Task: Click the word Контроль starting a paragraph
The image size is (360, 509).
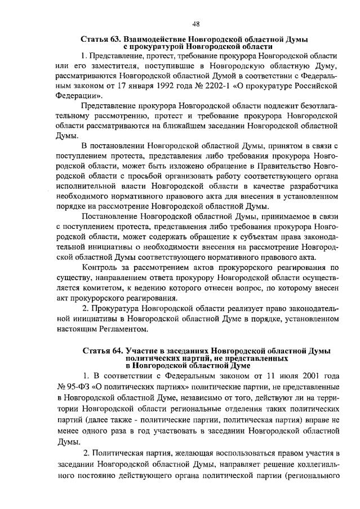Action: pos(100,267)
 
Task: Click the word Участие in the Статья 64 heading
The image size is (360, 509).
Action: pos(143,351)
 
